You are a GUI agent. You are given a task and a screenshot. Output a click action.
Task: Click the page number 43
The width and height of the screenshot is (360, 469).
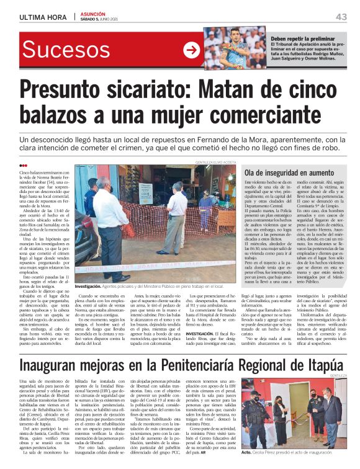pos(341,16)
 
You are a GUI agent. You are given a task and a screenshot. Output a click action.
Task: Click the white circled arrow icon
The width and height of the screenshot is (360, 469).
pos(192,50)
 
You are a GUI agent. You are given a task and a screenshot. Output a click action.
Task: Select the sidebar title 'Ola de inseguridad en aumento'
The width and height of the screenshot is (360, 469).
pos(286,171)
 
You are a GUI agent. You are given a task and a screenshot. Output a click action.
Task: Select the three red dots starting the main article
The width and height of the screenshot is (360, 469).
pos(23,165)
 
